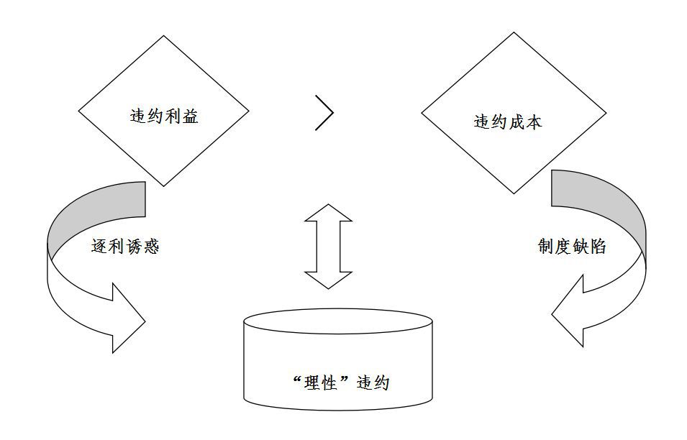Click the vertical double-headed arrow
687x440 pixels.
(328, 247)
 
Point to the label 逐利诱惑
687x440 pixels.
(125, 247)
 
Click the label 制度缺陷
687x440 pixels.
(572, 247)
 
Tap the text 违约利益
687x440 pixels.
(164, 116)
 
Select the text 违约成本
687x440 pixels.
(508, 122)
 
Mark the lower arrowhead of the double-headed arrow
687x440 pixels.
(328, 279)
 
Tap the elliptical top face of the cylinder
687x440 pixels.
(338, 321)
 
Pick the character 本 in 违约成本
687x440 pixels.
(534, 122)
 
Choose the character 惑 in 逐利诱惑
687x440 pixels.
(150, 247)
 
